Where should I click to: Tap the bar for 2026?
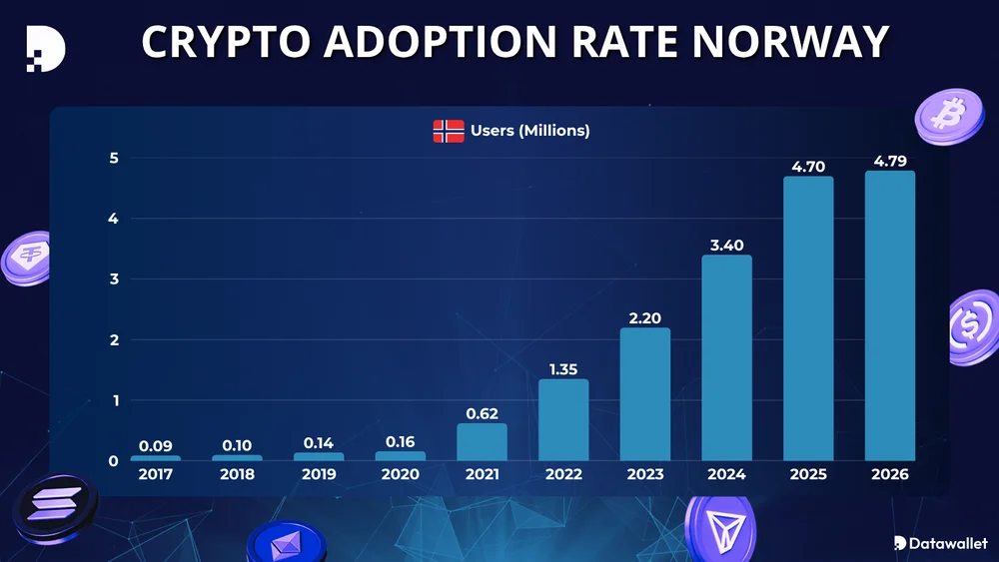click(889, 315)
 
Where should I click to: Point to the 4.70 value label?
click(808, 167)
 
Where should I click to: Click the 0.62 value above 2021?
click(482, 413)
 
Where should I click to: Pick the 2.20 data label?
click(644, 318)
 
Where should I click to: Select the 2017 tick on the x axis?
click(156, 474)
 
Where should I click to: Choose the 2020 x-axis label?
click(400, 474)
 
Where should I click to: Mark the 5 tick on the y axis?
click(114, 158)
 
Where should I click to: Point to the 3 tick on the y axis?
click(114, 280)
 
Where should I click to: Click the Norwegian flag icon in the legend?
click(449, 131)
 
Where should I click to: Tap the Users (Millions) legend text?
click(530, 131)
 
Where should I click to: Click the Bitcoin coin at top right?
click(943, 115)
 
